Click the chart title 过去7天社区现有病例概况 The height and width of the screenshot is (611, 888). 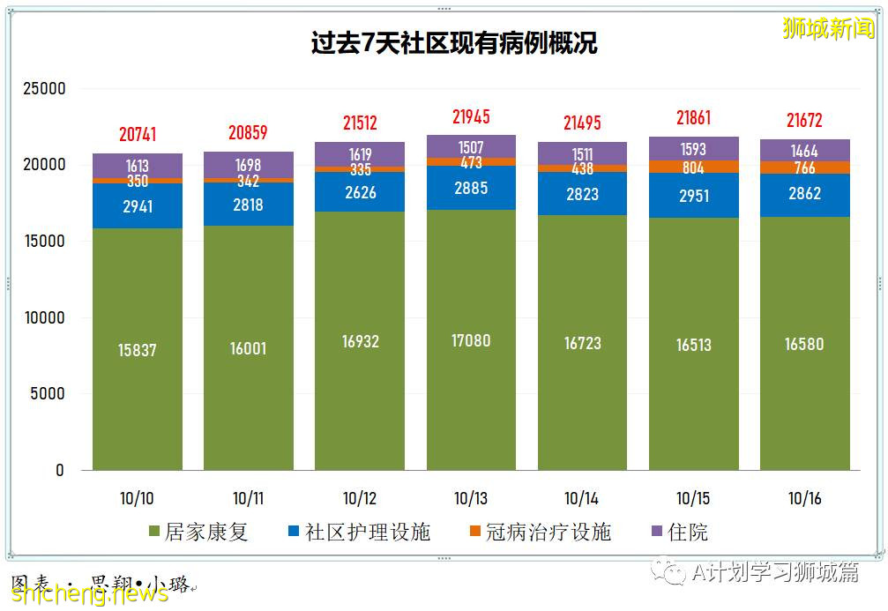point(454,42)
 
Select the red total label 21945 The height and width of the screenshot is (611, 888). point(471,116)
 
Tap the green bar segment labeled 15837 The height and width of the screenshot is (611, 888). point(138,349)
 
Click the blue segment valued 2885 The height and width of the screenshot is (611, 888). point(471,188)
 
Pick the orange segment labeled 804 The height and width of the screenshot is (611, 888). point(694,167)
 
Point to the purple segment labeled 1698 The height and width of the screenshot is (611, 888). point(249,164)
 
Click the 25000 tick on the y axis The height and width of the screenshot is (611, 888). point(44,89)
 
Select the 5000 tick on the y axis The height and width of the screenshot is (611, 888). point(49,394)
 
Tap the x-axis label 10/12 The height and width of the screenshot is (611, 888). point(360,498)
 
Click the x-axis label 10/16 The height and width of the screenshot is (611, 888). point(804,498)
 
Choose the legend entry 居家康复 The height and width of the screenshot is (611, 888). point(198,533)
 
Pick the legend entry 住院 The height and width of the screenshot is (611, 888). point(678,533)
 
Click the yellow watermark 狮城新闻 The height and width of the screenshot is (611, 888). point(828,29)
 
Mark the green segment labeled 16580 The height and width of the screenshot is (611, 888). point(804,344)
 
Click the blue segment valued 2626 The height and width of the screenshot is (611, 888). point(360,191)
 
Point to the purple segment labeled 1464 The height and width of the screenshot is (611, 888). point(804,150)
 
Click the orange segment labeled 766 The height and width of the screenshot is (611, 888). point(804,168)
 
